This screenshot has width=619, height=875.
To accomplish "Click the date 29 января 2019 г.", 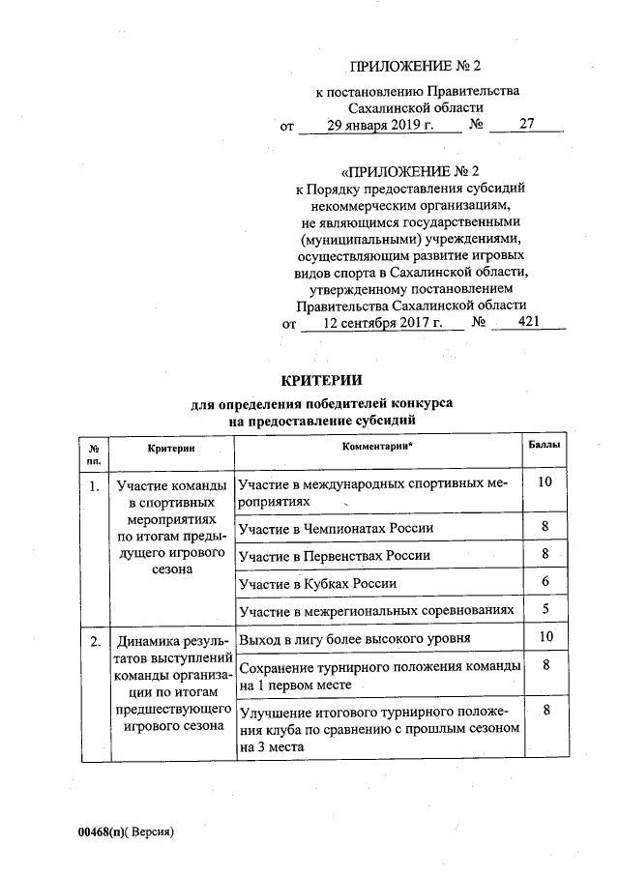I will (379, 126).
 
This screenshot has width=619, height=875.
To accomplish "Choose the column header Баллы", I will (545, 447).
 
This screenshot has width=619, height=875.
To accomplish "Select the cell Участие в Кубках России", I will (317, 584).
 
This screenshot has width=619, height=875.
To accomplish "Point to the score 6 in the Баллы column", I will (545, 581).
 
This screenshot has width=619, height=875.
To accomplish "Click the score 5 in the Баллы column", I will (545, 609).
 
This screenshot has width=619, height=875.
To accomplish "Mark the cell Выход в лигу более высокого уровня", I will (355, 640).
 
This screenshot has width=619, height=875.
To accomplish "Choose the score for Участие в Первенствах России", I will (545, 553).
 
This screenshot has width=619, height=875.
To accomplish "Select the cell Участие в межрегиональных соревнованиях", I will (375, 612).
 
